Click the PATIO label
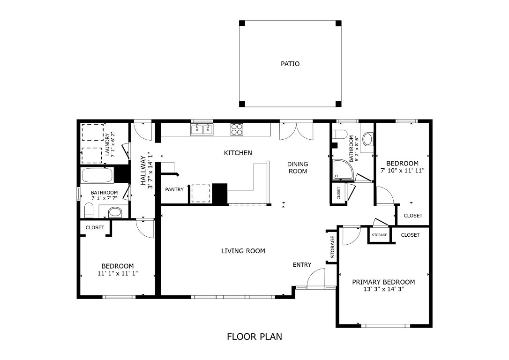[290, 64]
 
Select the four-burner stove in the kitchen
[237, 129]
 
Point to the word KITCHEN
[238, 153]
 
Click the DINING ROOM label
[298, 167]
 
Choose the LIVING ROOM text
[243, 251]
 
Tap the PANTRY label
[174, 189]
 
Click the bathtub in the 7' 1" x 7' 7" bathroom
[97, 176]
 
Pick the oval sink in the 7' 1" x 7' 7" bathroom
[115, 213]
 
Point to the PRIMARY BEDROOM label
[383, 282]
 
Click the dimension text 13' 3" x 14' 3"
[383, 289]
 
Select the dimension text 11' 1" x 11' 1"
[118, 273]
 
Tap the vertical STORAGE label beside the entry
[332, 247]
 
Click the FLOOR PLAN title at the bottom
[254, 336]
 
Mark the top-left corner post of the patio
[242, 23]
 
